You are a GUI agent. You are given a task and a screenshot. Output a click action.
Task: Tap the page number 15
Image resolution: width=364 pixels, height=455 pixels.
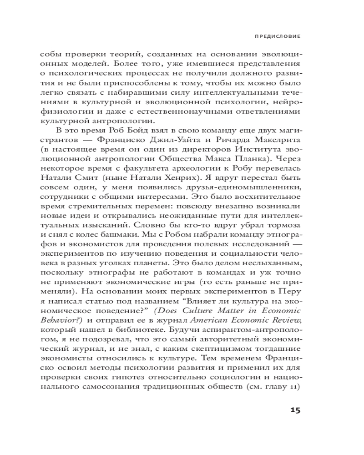(295, 410)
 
